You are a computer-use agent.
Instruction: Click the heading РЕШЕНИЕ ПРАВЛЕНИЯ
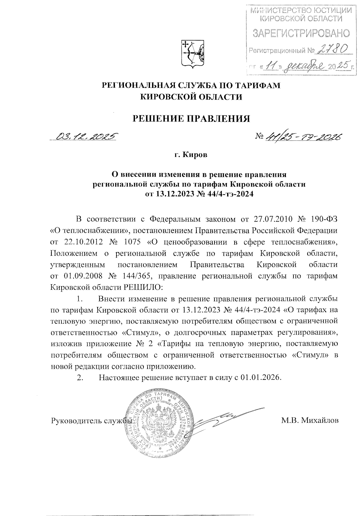191,119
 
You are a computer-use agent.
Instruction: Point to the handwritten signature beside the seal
222,418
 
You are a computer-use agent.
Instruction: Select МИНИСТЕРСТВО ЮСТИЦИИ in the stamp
301,11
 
